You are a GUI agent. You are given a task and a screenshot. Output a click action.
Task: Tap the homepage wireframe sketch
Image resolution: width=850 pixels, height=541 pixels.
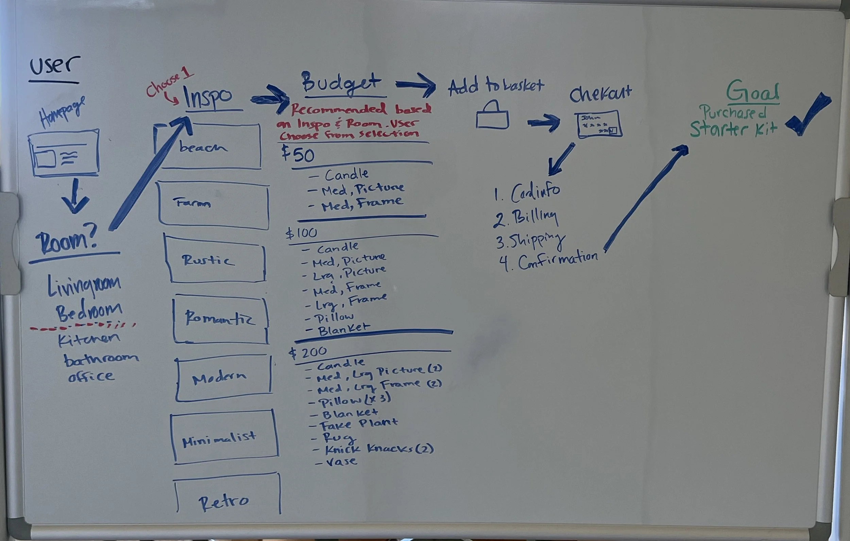(64, 153)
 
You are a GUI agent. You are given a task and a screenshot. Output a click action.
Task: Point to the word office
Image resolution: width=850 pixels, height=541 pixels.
(91, 376)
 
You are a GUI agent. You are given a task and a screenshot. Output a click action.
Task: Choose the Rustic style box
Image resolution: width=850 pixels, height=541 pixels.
(215, 260)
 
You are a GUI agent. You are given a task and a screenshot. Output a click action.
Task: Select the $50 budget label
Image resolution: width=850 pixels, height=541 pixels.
(298, 155)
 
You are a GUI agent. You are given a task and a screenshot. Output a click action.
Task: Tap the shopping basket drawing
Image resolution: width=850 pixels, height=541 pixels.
(492, 116)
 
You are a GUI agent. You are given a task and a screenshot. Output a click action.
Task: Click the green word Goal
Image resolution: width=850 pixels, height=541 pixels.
(752, 91)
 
